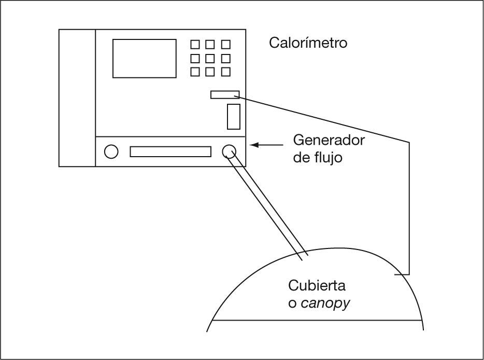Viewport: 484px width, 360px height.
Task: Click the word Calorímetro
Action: pos(308,43)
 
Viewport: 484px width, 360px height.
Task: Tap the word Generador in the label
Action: pos(329,140)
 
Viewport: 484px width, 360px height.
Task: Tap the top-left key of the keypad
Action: pos(195,45)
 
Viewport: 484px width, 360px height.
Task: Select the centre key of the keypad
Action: pos(210,58)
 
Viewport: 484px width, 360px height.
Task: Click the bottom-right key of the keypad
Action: pos(225,72)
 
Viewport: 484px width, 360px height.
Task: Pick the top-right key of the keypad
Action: pos(225,45)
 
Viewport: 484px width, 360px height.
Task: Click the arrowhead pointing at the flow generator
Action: pos(254,145)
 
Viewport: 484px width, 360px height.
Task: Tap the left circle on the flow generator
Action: pos(111,151)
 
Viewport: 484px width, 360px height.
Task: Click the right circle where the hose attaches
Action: pos(229,151)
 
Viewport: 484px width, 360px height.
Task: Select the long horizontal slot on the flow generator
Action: pos(170,151)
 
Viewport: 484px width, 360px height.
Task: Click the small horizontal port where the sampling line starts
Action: pos(225,94)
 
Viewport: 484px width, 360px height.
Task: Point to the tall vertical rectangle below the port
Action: pos(233,117)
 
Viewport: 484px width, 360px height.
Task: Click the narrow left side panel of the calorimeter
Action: pos(77,98)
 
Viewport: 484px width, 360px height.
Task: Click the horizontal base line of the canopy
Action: pos(316,320)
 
